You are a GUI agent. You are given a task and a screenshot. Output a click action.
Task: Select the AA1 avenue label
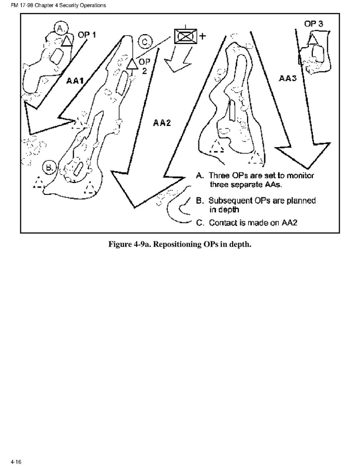[76, 80]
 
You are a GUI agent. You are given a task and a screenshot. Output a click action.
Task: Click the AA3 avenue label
[287, 79]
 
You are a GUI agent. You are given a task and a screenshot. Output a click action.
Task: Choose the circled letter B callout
[49, 167]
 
